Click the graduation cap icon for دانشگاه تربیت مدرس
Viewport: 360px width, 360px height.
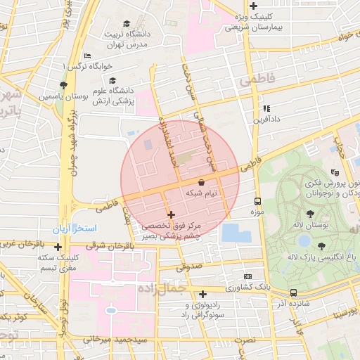pyautogui.click(x=127, y=24)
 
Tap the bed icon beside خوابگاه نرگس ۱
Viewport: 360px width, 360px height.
pyautogui.click(x=87, y=56)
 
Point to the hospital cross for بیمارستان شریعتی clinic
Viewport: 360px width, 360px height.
pyautogui.click(x=253, y=6)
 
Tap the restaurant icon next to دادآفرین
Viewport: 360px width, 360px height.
pyautogui.click(x=266, y=108)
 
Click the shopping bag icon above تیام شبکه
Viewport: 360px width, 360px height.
pyautogui.click(x=202, y=182)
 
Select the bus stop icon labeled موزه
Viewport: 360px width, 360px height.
pyautogui.click(x=257, y=200)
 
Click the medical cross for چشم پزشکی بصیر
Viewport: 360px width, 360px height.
pyautogui.click(x=171, y=214)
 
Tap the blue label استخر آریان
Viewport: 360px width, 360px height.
pyautogui.click(x=77, y=230)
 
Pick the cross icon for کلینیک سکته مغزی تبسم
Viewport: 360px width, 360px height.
pyautogui.click(x=58, y=247)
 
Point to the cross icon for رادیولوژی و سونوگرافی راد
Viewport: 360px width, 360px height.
pyautogui.click(x=203, y=294)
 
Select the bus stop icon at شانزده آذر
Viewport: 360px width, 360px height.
pyautogui.click(x=293, y=292)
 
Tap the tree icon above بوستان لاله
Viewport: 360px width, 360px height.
pyautogui.click(x=310, y=213)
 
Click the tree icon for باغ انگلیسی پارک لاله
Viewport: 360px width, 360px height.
pyautogui.click(x=321, y=246)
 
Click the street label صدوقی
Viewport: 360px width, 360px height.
pyautogui.click(x=188, y=266)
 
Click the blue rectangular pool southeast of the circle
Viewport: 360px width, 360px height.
pyautogui.click(x=234, y=233)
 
